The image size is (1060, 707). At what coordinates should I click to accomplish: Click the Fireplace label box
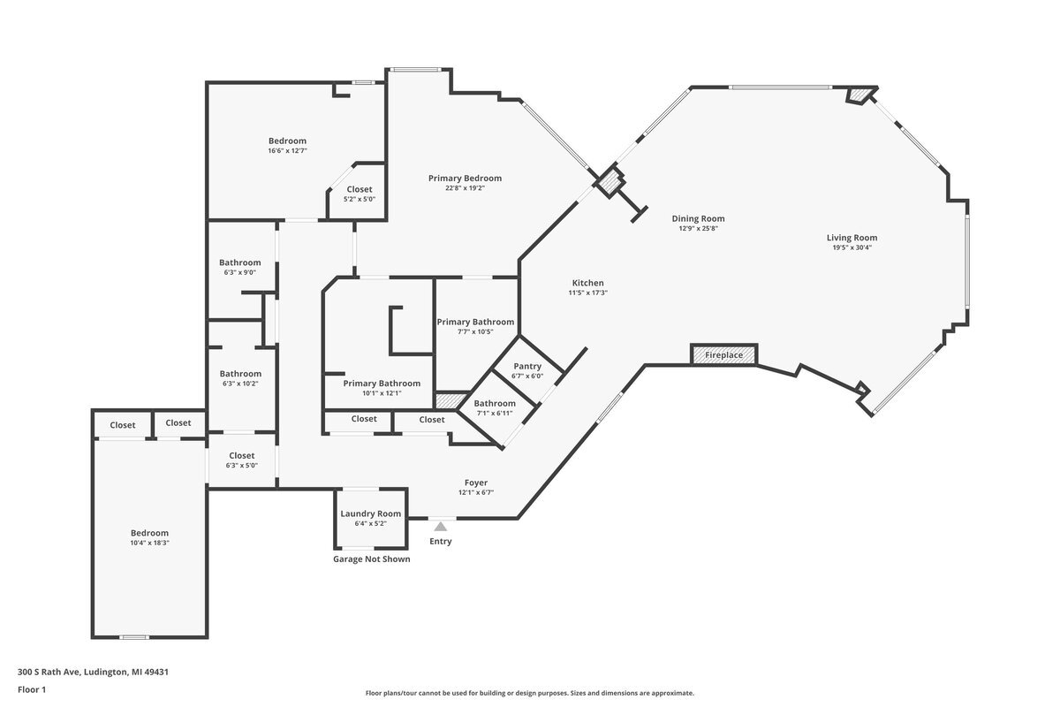click(723, 355)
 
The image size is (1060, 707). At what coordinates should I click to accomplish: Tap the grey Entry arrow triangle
click(440, 527)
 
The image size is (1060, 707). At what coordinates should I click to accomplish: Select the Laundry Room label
click(370, 513)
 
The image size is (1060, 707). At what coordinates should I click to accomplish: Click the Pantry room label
click(527, 366)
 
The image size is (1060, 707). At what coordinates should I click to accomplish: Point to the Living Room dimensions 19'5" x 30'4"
click(852, 247)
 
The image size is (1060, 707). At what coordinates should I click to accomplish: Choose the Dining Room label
click(698, 218)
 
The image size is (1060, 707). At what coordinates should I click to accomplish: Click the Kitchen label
click(587, 283)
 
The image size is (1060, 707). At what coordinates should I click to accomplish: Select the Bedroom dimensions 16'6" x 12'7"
click(287, 151)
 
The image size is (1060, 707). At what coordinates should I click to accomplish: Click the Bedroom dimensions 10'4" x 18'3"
click(149, 544)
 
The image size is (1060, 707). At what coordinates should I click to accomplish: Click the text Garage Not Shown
click(371, 559)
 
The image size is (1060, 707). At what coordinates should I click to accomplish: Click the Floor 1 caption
click(32, 689)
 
